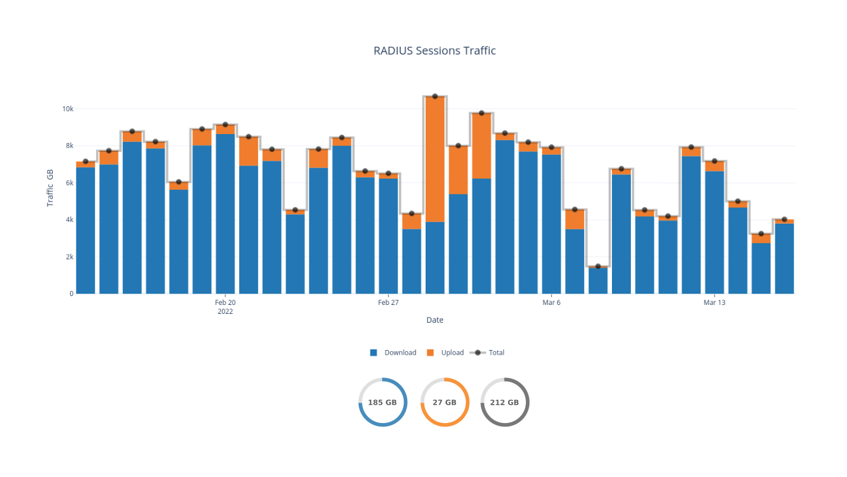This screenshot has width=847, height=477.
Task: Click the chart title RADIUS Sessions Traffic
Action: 434,51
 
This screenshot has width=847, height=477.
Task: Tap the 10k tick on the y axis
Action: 67,109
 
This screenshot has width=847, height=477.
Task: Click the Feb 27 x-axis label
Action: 388,303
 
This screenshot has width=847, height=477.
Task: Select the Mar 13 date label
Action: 714,303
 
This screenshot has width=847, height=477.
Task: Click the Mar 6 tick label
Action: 551,303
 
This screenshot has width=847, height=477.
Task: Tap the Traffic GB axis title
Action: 50,186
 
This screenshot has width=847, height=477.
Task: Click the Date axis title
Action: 434,320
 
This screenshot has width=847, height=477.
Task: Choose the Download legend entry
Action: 393,352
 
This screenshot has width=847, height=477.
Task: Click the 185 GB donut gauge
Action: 382,402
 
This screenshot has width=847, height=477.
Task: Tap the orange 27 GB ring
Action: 445,402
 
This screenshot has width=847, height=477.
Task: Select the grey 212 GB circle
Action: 505,402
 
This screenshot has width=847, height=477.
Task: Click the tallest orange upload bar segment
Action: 435,159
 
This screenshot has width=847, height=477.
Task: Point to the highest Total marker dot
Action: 435,96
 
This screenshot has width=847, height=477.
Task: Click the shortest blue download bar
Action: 598,281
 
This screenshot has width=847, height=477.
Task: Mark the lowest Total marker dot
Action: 598,266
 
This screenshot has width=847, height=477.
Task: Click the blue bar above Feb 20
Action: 226,214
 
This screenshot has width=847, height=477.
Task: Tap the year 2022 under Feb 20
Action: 225,311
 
